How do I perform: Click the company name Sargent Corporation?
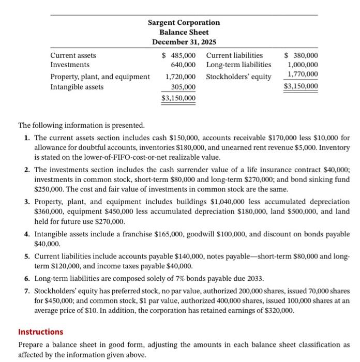184,23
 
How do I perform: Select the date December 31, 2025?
184,42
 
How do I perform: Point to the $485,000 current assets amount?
179,55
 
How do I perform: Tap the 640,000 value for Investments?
183,65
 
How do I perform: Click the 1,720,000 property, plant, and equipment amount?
181,77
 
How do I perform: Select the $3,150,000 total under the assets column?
178,98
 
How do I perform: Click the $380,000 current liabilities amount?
302,55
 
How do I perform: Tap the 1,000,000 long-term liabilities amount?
303,65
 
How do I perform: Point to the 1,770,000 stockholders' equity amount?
303,75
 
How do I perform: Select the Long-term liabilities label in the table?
238,65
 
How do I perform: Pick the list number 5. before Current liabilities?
27,257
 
